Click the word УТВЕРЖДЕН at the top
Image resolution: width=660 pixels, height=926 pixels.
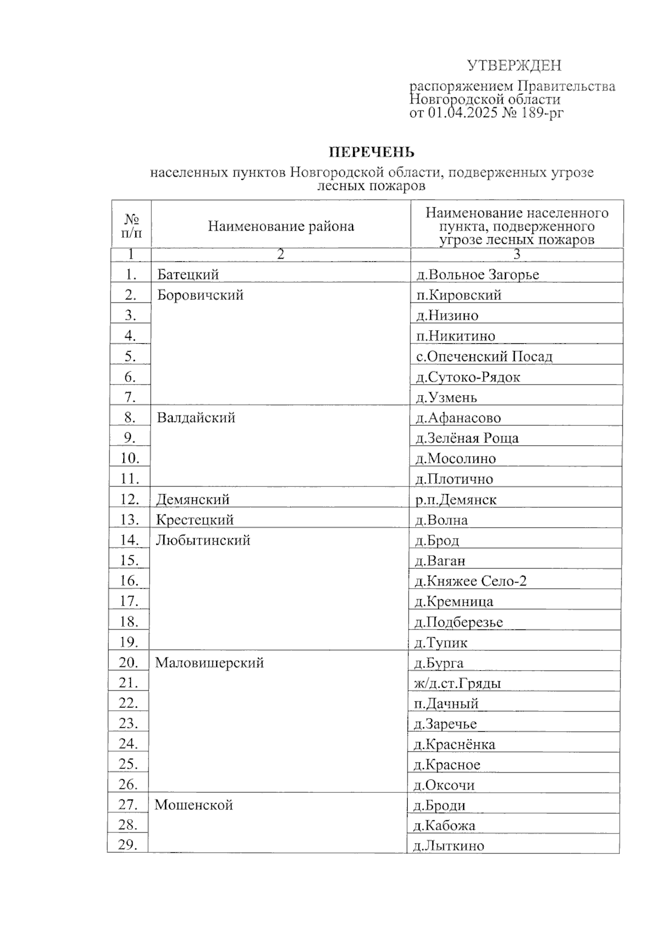pyautogui.click(x=514, y=66)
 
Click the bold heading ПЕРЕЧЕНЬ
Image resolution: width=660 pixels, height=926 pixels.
pyautogui.click(x=371, y=152)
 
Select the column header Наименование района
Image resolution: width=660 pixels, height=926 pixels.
pyautogui.click(x=280, y=226)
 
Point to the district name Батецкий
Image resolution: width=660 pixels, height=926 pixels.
pyautogui.click(x=188, y=275)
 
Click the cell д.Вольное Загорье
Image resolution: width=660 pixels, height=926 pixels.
pyautogui.click(x=477, y=275)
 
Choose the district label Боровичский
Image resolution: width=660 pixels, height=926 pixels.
pyautogui.click(x=200, y=295)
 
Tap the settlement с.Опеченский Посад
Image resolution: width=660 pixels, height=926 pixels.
pyautogui.click(x=484, y=357)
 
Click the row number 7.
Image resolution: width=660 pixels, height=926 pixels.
pyautogui.click(x=130, y=397)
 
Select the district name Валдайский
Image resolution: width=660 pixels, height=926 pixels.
pyautogui.click(x=196, y=418)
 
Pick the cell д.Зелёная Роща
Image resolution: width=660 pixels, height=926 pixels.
pyautogui.click(x=467, y=439)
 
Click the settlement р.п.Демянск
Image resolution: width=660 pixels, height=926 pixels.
pyautogui.click(x=456, y=500)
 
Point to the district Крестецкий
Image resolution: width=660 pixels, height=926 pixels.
pyautogui.click(x=195, y=520)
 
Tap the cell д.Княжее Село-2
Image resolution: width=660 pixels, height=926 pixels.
pyautogui.click(x=470, y=581)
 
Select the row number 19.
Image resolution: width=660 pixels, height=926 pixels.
pyautogui.click(x=129, y=642)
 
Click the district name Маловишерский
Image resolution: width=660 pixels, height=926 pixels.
pyautogui.click(x=210, y=663)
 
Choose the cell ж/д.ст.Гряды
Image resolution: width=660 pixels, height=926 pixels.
pyautogui.click(x=457, y=684)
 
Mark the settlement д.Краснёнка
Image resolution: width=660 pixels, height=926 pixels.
pyautogui.click(x=454, y=745)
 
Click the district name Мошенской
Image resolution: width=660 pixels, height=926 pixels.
pyautogui.click(x=194, y=805)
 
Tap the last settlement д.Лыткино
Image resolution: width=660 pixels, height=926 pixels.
pyautogui.click(x=448, y=846)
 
